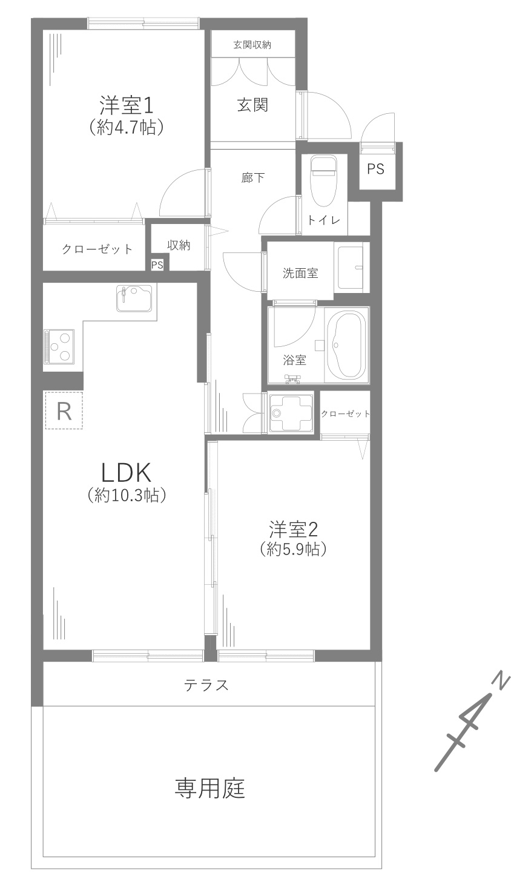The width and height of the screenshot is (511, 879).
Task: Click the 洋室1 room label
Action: point(126,105)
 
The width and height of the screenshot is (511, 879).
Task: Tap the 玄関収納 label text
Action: point(252,45)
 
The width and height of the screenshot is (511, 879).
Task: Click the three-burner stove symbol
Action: point(59,346)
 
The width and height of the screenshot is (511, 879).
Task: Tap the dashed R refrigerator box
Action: point(64,410)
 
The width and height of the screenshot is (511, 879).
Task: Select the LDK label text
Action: point(126,472)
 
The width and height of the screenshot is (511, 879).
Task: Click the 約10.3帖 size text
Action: point(127,496)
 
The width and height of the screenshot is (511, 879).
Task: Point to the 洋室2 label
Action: point(293,529)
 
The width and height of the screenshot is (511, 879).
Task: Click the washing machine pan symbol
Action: point(291,414)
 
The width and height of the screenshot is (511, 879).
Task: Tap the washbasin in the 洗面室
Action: point(351,268)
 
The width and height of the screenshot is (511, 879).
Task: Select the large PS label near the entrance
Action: point(375,169)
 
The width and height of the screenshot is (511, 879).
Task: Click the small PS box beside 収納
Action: point(157,265)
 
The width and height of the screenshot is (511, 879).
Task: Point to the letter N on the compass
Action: point(504,682)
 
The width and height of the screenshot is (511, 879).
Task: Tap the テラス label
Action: point(206,685)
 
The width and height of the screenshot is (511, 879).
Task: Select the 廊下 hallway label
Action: point(252,178)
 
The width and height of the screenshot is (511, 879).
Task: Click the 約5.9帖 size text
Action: point(294,550)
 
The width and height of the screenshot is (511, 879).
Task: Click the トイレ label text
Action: point(324,220)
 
